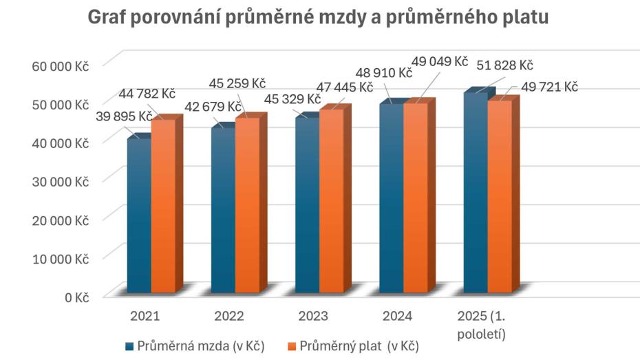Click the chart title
pos(318,18)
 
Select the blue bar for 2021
pos(139,217)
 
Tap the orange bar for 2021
pos(163,207)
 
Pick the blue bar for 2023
pos(307,207)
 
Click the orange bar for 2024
pos(415,200)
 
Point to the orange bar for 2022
pos(247,207)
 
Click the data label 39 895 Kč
pos(124,116)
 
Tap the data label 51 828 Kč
pos(505,65)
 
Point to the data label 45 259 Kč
pos(237,83)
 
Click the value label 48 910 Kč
pos(383,72)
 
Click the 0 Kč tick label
pos(78,297)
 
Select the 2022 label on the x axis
pos(228,317)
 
